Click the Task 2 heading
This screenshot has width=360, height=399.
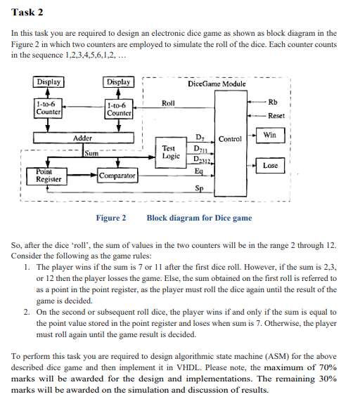click(x=27, y=11)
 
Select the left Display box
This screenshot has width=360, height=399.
click(x=49, y=83)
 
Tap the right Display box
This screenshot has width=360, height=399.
click(x=118, y=83)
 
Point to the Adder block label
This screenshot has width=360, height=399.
click(x=83, y=139)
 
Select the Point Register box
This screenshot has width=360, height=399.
click(x=49, y=176)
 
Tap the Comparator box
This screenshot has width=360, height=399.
click(x=117, y=174)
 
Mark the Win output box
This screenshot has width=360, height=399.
click(x=269, y=134)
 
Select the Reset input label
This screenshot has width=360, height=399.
click(x=276, y=116)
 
